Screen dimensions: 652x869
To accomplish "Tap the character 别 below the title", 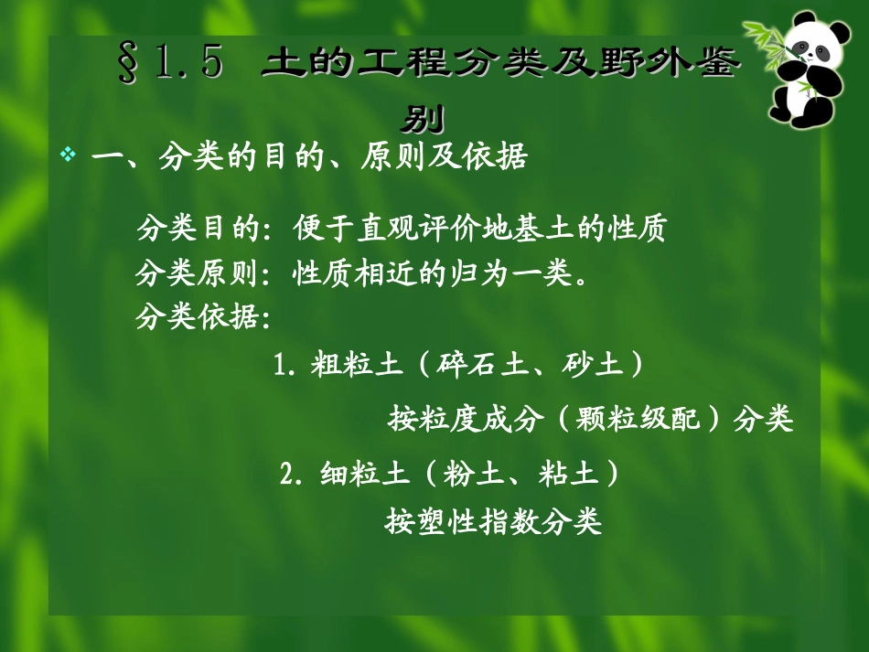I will [423, 120].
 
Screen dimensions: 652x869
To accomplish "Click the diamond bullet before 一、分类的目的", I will [67, 155].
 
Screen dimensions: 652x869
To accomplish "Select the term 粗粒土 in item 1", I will [356, 366].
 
